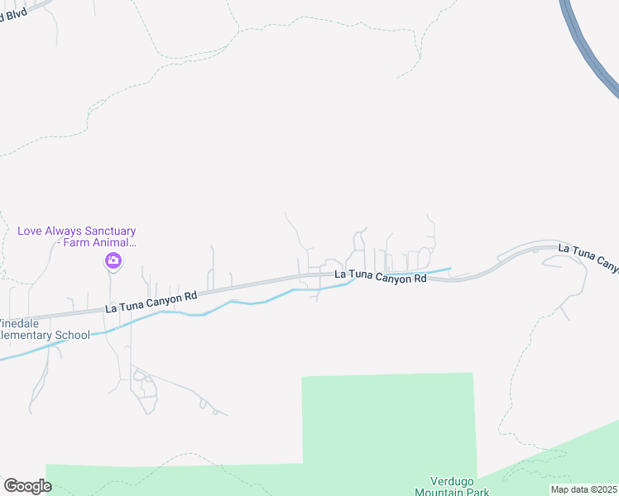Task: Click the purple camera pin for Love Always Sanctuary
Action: click(x=113, y=262)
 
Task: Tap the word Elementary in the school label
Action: click(x=25, y=336)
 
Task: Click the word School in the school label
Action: click(x=72, y=336)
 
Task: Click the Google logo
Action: click(x=27, y=486)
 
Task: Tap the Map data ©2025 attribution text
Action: click(x=583, y=489)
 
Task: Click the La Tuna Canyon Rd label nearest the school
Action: click(x=151, y=302)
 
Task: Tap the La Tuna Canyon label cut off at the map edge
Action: click(x=588, y=256)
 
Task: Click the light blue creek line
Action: click(x=248, y=302)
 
